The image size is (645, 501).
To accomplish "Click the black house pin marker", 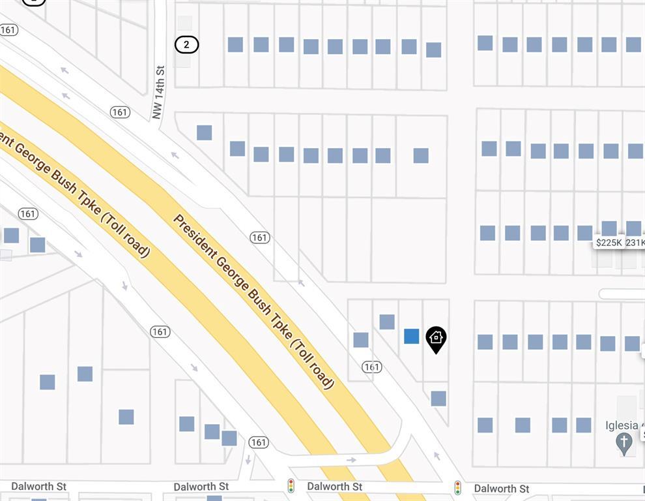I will (436, 339).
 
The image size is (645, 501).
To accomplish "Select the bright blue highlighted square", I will (411, 336).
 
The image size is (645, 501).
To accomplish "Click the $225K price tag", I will (609, 243).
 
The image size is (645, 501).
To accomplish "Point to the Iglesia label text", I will (622, 425).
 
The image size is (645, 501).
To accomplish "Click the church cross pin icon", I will (624, 444).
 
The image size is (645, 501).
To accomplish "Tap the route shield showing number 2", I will (186, 44).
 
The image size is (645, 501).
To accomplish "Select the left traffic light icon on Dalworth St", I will (291, 486).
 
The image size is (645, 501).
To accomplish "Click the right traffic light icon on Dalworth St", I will (458, 487).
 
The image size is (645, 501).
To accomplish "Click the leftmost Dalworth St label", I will (39, 487).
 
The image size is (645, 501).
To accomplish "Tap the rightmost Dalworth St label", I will (501, 489).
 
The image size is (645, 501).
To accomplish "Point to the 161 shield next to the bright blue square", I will (371, 367).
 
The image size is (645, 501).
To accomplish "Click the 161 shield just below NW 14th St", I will (120, 112).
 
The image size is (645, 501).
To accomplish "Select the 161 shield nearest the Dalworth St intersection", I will (259, 442).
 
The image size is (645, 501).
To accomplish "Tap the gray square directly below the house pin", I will (438, 398).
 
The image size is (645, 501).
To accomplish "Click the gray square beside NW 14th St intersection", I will (204, 132).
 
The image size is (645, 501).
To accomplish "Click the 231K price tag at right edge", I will (635, 243).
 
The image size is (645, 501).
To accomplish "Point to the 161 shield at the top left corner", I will (9, 30).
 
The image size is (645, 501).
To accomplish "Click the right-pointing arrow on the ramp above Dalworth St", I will (351, 460).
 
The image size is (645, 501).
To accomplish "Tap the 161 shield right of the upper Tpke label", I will (260, 237).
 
